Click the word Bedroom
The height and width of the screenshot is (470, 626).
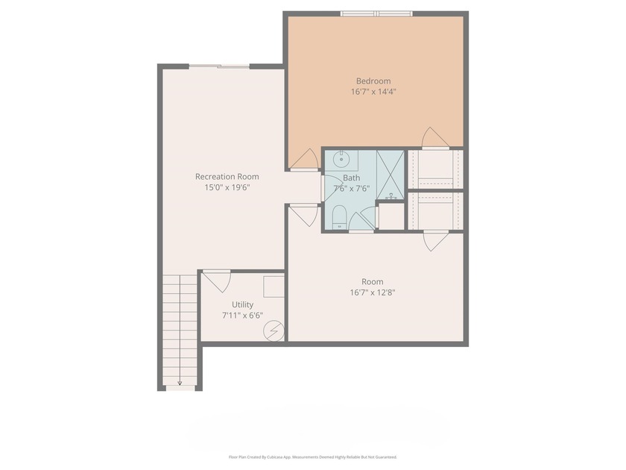[x=373, y=81]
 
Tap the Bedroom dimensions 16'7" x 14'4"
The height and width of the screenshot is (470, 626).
[x=373, y=92]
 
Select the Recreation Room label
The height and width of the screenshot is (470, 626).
[x=227, y=176]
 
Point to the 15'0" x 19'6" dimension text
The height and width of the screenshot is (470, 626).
[x=227, y=187]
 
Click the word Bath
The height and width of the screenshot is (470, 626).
[x=351, y=178]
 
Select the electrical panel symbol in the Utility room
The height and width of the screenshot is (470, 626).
[x=274, y=329]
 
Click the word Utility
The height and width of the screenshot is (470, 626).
[x=242, y=304]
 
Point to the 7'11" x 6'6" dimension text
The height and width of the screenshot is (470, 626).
[x=242, y=316]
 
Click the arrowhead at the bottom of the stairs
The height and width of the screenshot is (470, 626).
[x=180, y=382]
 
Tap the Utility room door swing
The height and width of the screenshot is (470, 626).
[x=217, y=281]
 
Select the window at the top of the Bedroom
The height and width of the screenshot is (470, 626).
[x=376, y=13]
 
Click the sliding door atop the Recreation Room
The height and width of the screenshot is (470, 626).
[x=219, y=67]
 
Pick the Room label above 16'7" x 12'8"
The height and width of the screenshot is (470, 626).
[x=373, y=281]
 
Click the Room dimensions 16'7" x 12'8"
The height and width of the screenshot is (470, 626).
[x=373, y=292]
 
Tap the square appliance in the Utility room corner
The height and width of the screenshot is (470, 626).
[x=274, y=286]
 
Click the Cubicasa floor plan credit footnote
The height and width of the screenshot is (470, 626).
[x=312, y=457]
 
